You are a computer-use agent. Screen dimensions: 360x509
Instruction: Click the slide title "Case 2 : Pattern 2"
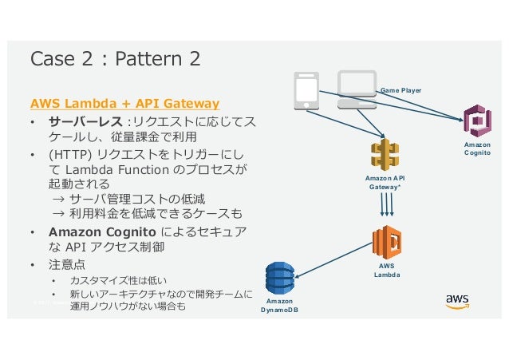coord(114,59)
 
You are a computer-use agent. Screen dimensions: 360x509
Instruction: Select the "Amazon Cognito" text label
coord(477,149)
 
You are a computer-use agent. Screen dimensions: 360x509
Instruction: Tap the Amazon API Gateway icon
coord(385,156)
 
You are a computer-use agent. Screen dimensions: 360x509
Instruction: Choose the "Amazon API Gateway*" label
coord(385,182)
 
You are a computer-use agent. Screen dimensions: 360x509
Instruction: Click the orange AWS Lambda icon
coord(387,241)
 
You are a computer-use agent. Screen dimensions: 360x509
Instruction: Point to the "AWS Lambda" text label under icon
coord(387,270)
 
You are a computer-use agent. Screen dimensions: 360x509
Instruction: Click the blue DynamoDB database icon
coord(280,278)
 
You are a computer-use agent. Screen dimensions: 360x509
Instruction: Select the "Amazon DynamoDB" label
coord(280,305)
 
